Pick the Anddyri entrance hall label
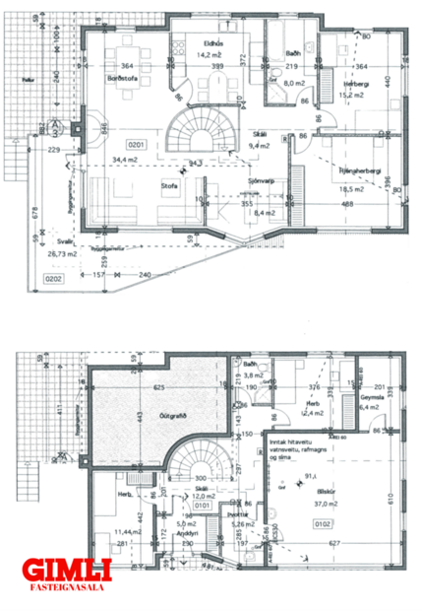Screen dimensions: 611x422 click(183, 533)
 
